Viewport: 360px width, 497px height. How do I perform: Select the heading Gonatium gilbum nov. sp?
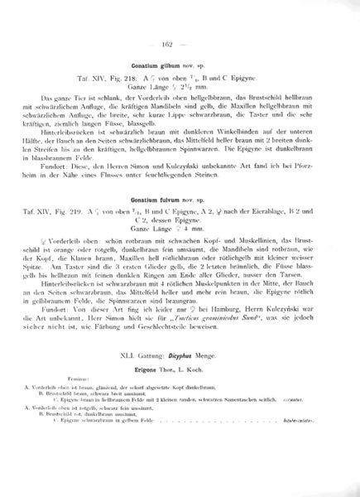(179, 64)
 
